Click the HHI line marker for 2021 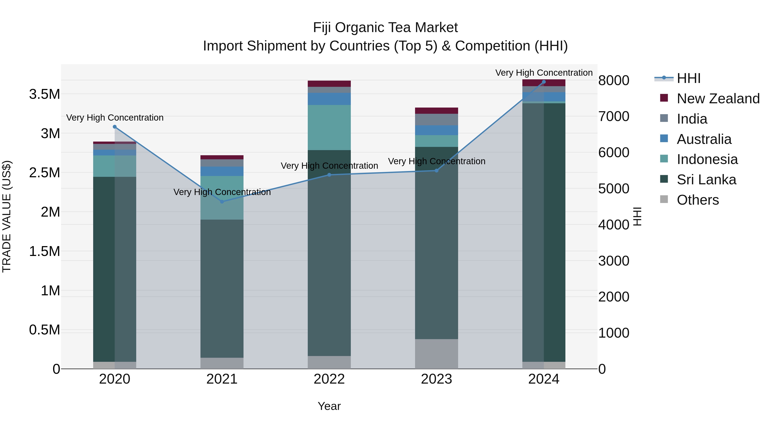pyautogui.click(x=222, y=202)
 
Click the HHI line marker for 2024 pyautogui.click(x=544, y=82)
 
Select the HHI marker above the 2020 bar pyautogui.click(x=115, y=127)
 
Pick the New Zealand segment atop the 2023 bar pyautogui.click(x=436, y=111)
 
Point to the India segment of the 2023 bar pyautogui.click(x=436, y=120)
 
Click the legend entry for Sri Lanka pyautogui.click(x=706, y=180)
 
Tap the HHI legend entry pyautogui.click(x=688, y=78)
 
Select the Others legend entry pyautogui.click(x=697, y=200)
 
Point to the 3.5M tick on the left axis pyautogui.click(x=45, y=94)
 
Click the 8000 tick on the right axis pyautogui.click(x=614, y=80)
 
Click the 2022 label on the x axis pyautogui.click(x=329, y=379)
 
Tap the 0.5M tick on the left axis pyautogui.click(x=45, y=330)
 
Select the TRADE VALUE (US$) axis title pyautogui.click(x=7, y=216)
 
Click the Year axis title pyautogui.click(x=329, y=406)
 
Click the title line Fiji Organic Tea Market pyautogui.click(x=385, y=28)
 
